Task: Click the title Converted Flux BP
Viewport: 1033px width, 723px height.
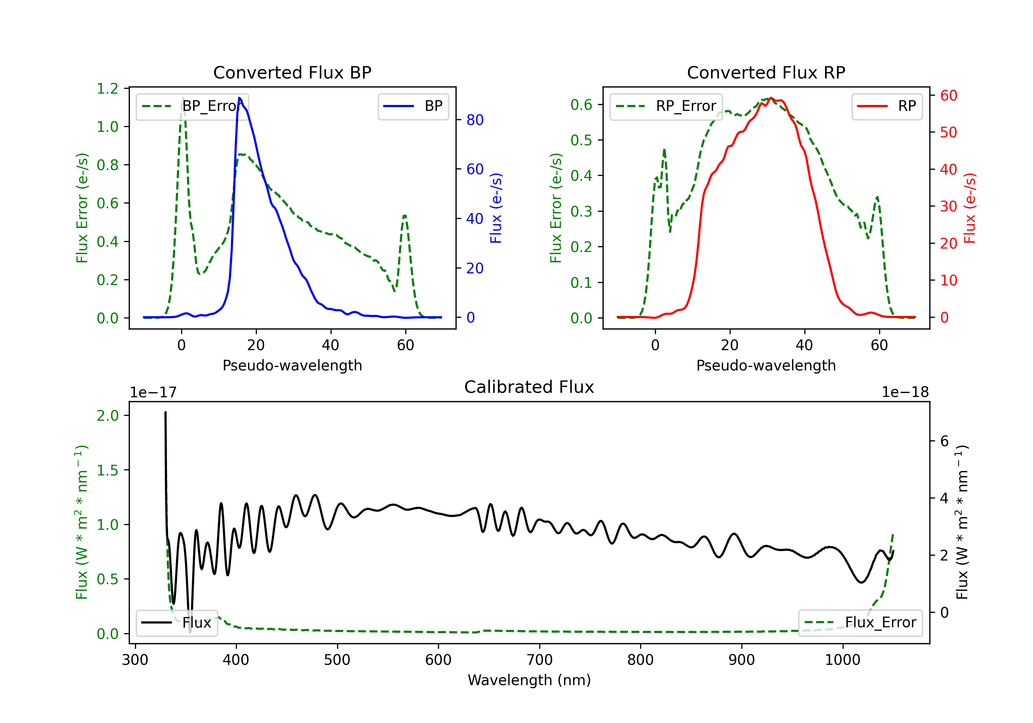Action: (x=292, y=72)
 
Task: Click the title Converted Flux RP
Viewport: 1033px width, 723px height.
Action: (x=766, y=72)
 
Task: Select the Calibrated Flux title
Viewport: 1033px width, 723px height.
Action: (x=529, y=387)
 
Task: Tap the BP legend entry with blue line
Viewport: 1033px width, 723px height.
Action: (x=413, y=106)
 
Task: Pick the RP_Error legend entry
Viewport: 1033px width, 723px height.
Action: (x=666, y=106)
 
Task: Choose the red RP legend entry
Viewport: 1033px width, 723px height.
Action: (x=887, y=106)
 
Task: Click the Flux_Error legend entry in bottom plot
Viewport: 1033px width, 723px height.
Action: (x=860, y=623)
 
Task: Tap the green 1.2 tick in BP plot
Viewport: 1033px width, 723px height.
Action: (x=107, y=88)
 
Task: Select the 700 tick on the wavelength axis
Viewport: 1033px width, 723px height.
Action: (x=540, y=660)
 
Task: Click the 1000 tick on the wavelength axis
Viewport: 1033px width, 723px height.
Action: (x=842, y=660)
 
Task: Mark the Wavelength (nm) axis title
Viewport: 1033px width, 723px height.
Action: (x=529, y=680)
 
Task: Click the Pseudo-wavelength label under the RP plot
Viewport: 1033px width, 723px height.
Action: (x=766, y=365)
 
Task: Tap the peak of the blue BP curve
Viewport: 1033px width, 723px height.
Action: (x=239, y=98)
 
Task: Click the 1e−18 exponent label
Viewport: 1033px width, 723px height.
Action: (x=905, y=392)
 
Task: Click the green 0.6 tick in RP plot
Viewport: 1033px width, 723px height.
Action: (x=581, y=105)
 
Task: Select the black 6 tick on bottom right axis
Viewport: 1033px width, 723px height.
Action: (x=945, y=441)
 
